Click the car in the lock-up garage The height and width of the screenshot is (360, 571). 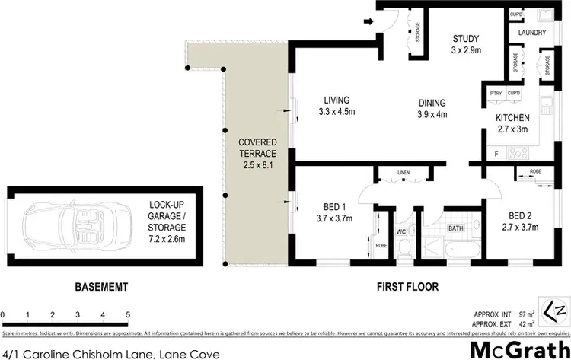pos(60,225)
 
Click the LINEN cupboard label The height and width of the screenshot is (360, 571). pos(404,174)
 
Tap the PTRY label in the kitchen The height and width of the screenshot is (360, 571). pos(495,94)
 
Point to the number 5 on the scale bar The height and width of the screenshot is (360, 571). pos(128,314)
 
